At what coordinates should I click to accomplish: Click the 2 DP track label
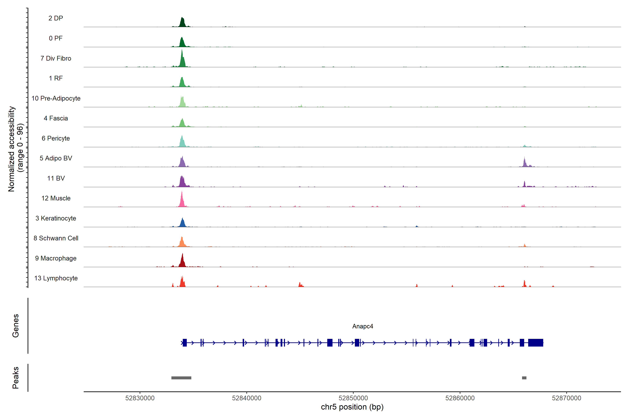[56, 18]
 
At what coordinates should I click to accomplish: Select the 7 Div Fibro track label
[56, 58]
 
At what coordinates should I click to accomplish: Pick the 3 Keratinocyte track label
[56, 218]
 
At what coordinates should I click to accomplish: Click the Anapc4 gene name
[362, 326]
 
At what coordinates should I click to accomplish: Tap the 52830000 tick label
[140, 398]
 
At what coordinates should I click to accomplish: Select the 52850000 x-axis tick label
[353, 398]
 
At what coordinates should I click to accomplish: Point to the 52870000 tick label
[566, 398]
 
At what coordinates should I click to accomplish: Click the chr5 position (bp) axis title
[352, 407]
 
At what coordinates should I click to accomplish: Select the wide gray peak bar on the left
[181, 378]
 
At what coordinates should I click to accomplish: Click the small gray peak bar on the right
[524, 378]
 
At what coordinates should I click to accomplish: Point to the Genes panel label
[16, 326]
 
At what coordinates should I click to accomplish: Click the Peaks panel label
[16, 378]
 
